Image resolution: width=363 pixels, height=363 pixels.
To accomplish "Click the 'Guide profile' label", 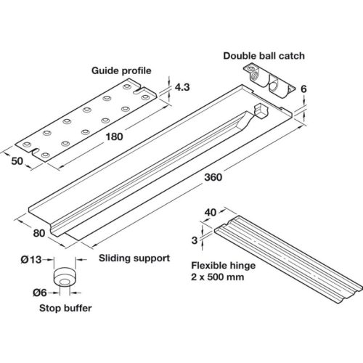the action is (121, 70).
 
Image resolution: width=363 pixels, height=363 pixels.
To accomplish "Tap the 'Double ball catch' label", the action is (264, 56).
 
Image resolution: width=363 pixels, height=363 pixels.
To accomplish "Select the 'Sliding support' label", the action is (134, 258).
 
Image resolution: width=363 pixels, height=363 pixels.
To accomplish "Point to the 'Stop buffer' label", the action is (65, 308).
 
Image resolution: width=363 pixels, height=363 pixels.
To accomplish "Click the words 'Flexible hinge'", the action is (224, 266).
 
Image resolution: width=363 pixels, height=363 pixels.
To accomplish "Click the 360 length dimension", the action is (213, 177).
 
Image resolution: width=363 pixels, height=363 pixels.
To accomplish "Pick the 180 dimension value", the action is (115, 136).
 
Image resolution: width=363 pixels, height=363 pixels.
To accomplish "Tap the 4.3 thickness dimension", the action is (182, 87).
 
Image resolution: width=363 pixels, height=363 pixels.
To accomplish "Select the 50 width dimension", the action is (17, 161).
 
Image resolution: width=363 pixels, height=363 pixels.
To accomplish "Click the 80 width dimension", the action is (39, 233).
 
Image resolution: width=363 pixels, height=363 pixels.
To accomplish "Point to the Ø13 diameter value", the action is (31, 260).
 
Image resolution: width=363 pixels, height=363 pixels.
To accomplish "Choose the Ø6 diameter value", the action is (39, 293).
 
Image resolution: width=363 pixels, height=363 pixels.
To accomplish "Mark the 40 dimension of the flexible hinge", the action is (211, 213).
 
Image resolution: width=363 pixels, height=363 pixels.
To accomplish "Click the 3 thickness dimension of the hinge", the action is (195, 240).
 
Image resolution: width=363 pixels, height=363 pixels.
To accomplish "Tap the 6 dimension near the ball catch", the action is (303, 89).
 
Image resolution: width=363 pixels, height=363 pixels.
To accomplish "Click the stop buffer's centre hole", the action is (64, 282).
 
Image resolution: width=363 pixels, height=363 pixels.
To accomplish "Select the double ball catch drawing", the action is (269, 81).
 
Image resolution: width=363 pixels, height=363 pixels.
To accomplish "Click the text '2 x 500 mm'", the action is (218, 277).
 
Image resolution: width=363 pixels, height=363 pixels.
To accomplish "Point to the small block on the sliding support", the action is (261, 110).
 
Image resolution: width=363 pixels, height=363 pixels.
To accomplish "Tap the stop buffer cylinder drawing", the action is (65, 277).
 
